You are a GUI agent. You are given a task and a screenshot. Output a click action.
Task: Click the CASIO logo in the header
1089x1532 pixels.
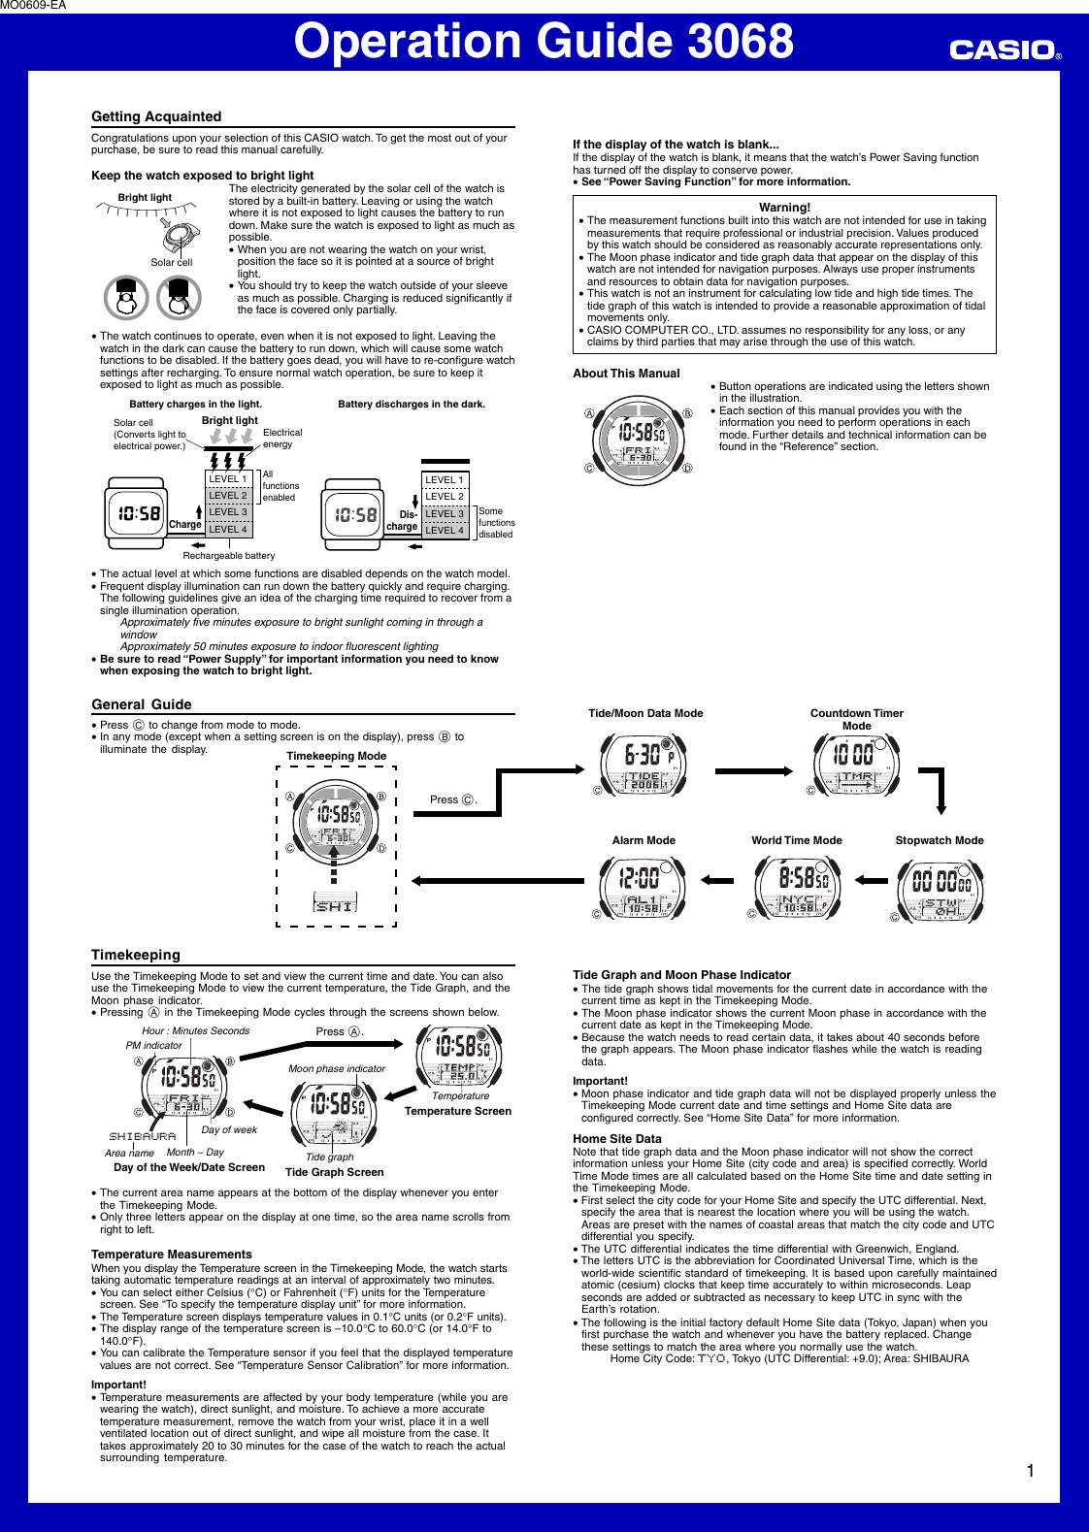(x=1005, y=49)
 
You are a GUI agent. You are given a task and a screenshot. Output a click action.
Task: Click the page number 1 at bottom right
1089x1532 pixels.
(x=1030, y=1471)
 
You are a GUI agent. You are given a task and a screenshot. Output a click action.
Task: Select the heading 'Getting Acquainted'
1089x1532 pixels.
(x=156, y=116)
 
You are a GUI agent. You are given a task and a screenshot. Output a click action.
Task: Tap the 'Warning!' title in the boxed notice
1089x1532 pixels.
(x=784, y=208)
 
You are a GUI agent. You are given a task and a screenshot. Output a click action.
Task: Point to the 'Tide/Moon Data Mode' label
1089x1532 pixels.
(x=645, y=713)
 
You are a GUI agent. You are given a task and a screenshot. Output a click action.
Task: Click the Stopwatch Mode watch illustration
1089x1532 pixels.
(x=940, y=887)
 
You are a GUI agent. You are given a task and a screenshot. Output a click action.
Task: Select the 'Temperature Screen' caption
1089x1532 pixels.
(x=458, y=1111)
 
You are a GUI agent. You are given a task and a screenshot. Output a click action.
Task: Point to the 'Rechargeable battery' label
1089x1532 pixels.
(x=229, y=556)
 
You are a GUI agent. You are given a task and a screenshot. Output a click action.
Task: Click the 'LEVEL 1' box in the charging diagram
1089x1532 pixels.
(x=228, y=479)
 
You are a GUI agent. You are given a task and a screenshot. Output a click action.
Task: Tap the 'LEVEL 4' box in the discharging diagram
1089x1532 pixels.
(x=445, y=530)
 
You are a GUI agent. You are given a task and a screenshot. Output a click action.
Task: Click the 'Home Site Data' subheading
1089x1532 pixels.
(x=617, y=1139)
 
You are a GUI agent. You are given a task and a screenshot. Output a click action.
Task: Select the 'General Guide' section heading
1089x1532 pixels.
(x=142, y=704)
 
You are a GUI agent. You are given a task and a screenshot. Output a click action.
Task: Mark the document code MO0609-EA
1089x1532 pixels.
(x=34, y=6)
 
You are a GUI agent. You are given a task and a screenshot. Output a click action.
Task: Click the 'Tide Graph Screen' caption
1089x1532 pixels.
(x=334, y=1172)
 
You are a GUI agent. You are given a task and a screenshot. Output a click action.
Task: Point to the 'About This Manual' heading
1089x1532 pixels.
(x=626, y=374)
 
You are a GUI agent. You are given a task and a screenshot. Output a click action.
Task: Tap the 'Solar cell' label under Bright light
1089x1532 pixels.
(x=171, y=262)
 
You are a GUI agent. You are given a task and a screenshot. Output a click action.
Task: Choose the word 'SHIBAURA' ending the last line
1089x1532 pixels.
(x=940, y=1358)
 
